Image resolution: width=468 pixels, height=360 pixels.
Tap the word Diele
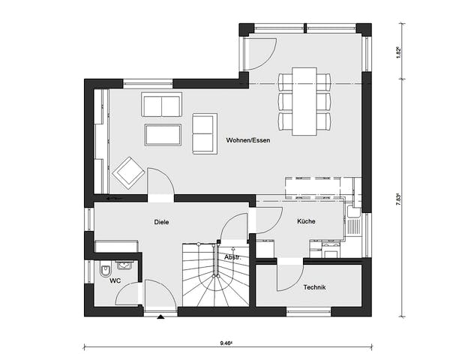point(161,222)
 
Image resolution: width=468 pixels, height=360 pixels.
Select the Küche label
point(305,221)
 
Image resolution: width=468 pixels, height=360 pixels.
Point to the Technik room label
point(314,287)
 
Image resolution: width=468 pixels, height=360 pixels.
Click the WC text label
point(115,281)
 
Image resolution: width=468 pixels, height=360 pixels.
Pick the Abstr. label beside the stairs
point(232,257)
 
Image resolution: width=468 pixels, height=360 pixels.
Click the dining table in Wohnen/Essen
point(304,100)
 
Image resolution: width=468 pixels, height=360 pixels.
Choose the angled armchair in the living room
point(128,172)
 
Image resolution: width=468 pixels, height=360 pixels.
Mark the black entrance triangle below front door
point(160,317)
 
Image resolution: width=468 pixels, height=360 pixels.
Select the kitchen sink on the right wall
point(353,223)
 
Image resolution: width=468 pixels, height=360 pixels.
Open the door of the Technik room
point(289,276)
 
